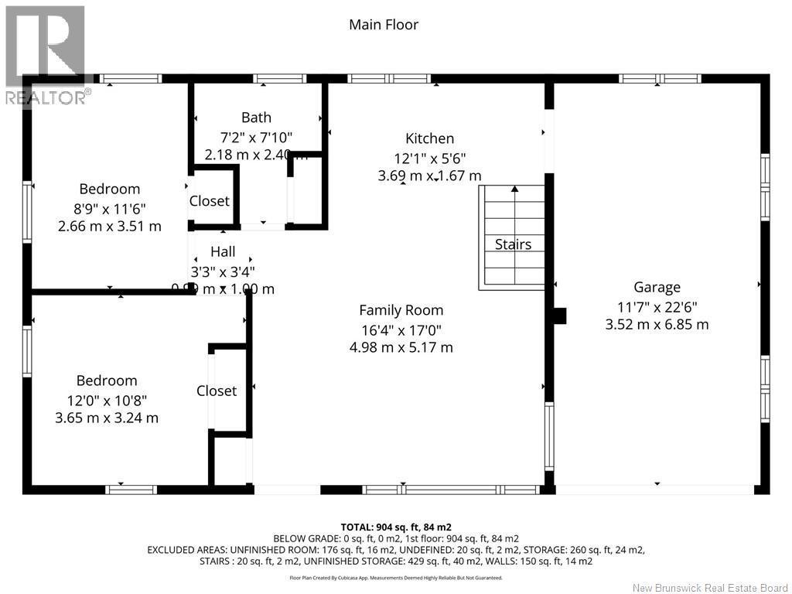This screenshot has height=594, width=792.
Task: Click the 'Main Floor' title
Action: pyautogui.click(x=384, y=25)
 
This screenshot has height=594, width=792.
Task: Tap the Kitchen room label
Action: pyautogui.click(x=429, y=138)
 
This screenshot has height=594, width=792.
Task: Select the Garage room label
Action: pyautogui.click(x=657, y=287)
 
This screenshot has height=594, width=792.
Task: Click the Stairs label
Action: pyautogui.click(x=513, y=244)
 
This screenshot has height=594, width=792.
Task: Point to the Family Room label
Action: pyautogui.click(x=401, y=310)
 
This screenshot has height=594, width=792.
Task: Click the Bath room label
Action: pyautogui.click(x=256, y=118)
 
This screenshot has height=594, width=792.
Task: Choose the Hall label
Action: pyautogui.click(x=223, y=252)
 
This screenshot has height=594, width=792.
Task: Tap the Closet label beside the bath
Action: pyautogui.click(x=210, y=201)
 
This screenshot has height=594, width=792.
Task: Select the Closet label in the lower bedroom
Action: pyautogui.click(x=217, y=391)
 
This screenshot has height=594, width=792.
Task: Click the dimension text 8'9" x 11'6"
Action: pyautogui.click(x=109, y=208)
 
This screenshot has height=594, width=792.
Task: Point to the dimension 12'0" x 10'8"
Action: pyautogui.click(x=107, y=400)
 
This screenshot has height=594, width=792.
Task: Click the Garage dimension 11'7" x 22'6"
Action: pyautogui.click(x=657, y=306)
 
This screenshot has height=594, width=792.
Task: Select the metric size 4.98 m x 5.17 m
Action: pyautogui.click(x=401, y=347)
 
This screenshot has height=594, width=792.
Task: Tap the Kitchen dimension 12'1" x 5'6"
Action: pyautogui.click(x=429, y=158)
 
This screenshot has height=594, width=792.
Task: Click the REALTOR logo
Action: pyautogui.click(x=45, y=54)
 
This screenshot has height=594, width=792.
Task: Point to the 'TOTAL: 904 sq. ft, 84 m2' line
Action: pyautogui.click(x=395, y=527)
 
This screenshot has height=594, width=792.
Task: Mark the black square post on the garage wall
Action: pyautogui.click(x=559, y=316)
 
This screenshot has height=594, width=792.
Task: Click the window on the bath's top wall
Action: pyautogui.click(x=279, y=78)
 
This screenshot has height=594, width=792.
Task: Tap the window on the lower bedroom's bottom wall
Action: pyautogui.click(x=131, y=489)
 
